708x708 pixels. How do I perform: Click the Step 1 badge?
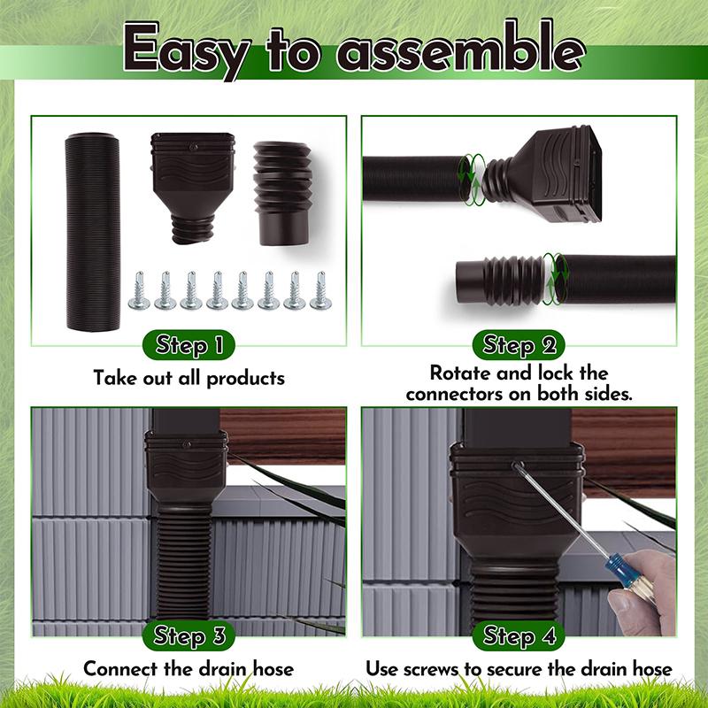[x=189, y=345]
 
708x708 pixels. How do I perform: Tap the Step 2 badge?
[x=519, y=345]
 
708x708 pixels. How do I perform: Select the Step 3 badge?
[x=189, y=635]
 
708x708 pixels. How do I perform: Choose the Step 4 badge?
[x=519, y=635]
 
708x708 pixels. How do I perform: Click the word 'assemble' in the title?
[x=460, y=49]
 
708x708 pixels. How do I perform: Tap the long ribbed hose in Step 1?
[x=94, y=231]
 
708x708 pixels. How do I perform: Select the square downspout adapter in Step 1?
[x=193, y=188]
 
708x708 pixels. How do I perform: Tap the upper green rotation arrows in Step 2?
[x=472, y=180]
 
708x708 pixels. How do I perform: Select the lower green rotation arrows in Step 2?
[x=555, y=278]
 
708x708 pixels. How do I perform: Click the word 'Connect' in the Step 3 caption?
[x=121, y=668]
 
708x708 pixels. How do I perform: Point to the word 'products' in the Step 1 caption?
[x=246, y=379]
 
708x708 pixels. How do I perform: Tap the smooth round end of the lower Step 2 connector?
[x=469, y=282]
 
